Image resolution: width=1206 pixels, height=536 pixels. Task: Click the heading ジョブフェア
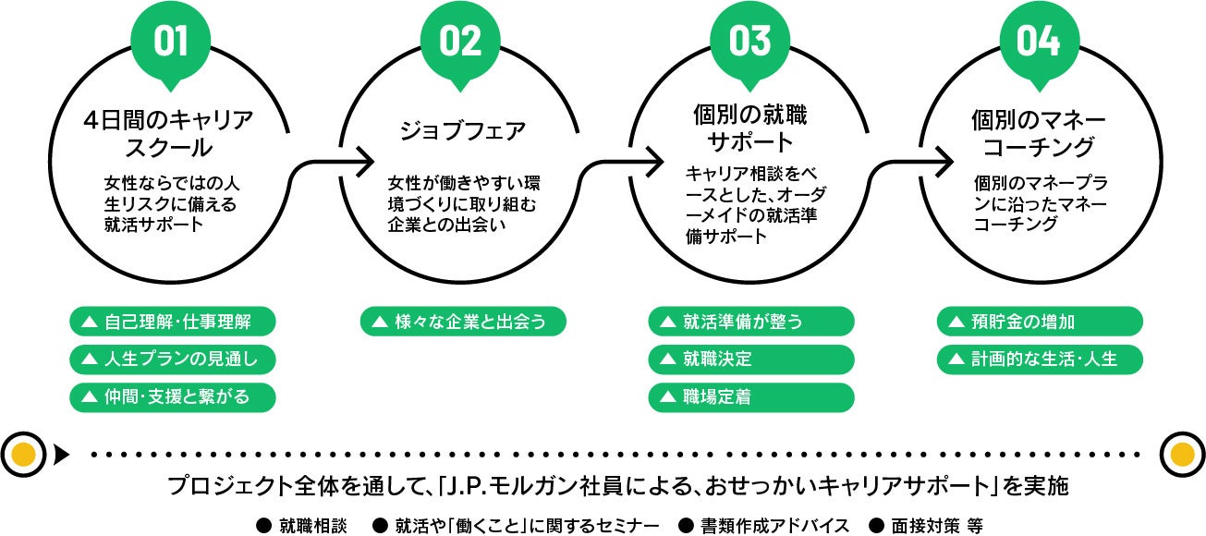462,131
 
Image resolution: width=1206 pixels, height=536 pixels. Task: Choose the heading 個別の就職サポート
749,128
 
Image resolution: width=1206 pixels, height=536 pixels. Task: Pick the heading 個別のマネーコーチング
1040,133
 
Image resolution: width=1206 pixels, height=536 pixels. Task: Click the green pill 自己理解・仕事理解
173,322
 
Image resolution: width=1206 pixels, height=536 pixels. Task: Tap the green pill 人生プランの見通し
173,359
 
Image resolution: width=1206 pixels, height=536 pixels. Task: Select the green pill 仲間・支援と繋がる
173,396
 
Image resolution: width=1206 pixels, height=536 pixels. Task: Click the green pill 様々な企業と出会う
462,322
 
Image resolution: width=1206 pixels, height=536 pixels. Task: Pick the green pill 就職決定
750,359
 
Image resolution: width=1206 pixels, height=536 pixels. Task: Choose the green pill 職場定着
750,396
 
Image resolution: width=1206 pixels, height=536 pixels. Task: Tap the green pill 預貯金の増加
1040,322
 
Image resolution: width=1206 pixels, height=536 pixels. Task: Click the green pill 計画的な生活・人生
1040,359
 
